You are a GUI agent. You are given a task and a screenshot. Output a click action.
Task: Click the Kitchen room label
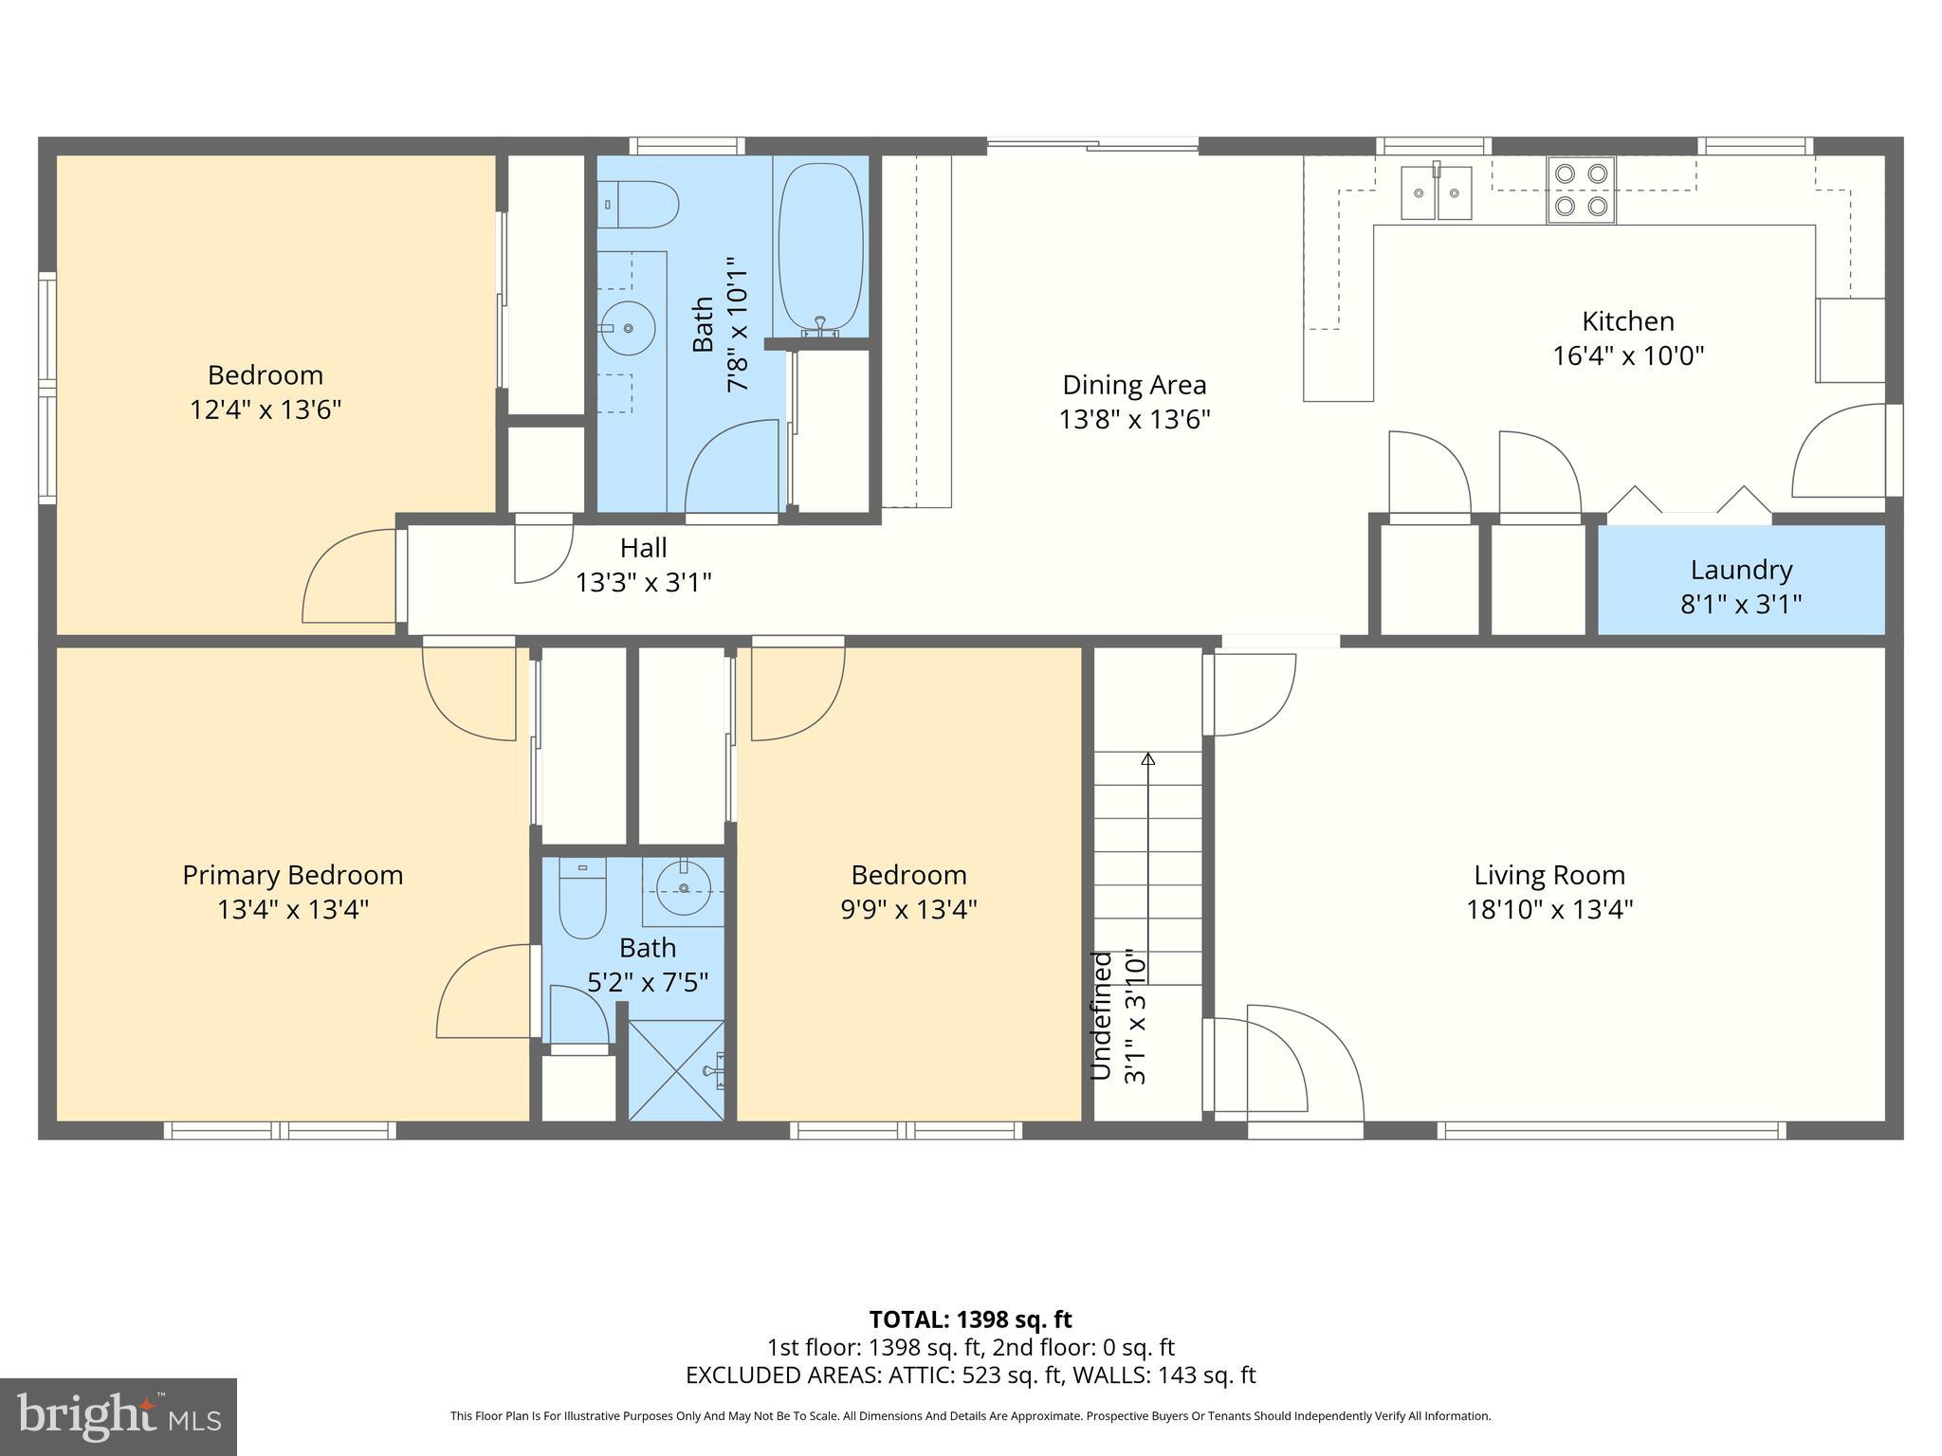pyautogui.click(x=1627, y=321)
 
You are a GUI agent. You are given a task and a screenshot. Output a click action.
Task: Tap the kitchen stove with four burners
pyautogui.click(x=1581, y=190)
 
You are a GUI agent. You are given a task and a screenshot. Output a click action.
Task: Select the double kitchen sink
pyautogui.click(x=1437, y=192)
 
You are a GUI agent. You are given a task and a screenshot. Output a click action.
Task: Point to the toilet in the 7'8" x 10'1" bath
pyautogui.click(x=643, y=205)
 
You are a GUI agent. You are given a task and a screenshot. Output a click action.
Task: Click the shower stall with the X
pyautogui.click(x=676, y=1070)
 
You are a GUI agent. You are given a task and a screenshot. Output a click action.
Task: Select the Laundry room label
pyautogui.click(x=1741, y=570)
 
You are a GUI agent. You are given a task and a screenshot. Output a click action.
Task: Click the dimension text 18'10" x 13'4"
pyautogui.click(x=1549, y=910)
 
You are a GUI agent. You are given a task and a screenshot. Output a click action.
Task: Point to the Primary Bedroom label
pyautogui.click(x=292, y=875)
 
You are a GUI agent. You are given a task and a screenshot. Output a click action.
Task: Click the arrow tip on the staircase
pyautogui.click(x=1147, y=758)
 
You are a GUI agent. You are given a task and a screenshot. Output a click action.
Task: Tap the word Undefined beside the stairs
pyautogui.click(x=1100, y=1016)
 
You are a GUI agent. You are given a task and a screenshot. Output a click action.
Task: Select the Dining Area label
pyautogui.click(x=1134, y=385)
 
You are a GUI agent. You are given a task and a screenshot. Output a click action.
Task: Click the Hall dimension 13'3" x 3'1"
pyautogui.click(x=643, y=582)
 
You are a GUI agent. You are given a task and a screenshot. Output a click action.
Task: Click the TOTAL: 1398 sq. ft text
pyautogui.click(x=970, y=1319)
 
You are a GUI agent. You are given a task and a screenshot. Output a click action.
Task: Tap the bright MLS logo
pyautogui.click(x=119, y=1416)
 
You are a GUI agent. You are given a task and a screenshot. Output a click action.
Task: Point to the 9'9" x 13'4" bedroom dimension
pyautogui.click(x=908, y=910)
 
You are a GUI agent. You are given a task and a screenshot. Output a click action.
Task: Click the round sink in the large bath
pyautogui.click(x=628, y=328)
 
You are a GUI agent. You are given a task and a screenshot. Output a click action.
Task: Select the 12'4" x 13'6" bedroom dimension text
pyautogui.click(x=266, y=409)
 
